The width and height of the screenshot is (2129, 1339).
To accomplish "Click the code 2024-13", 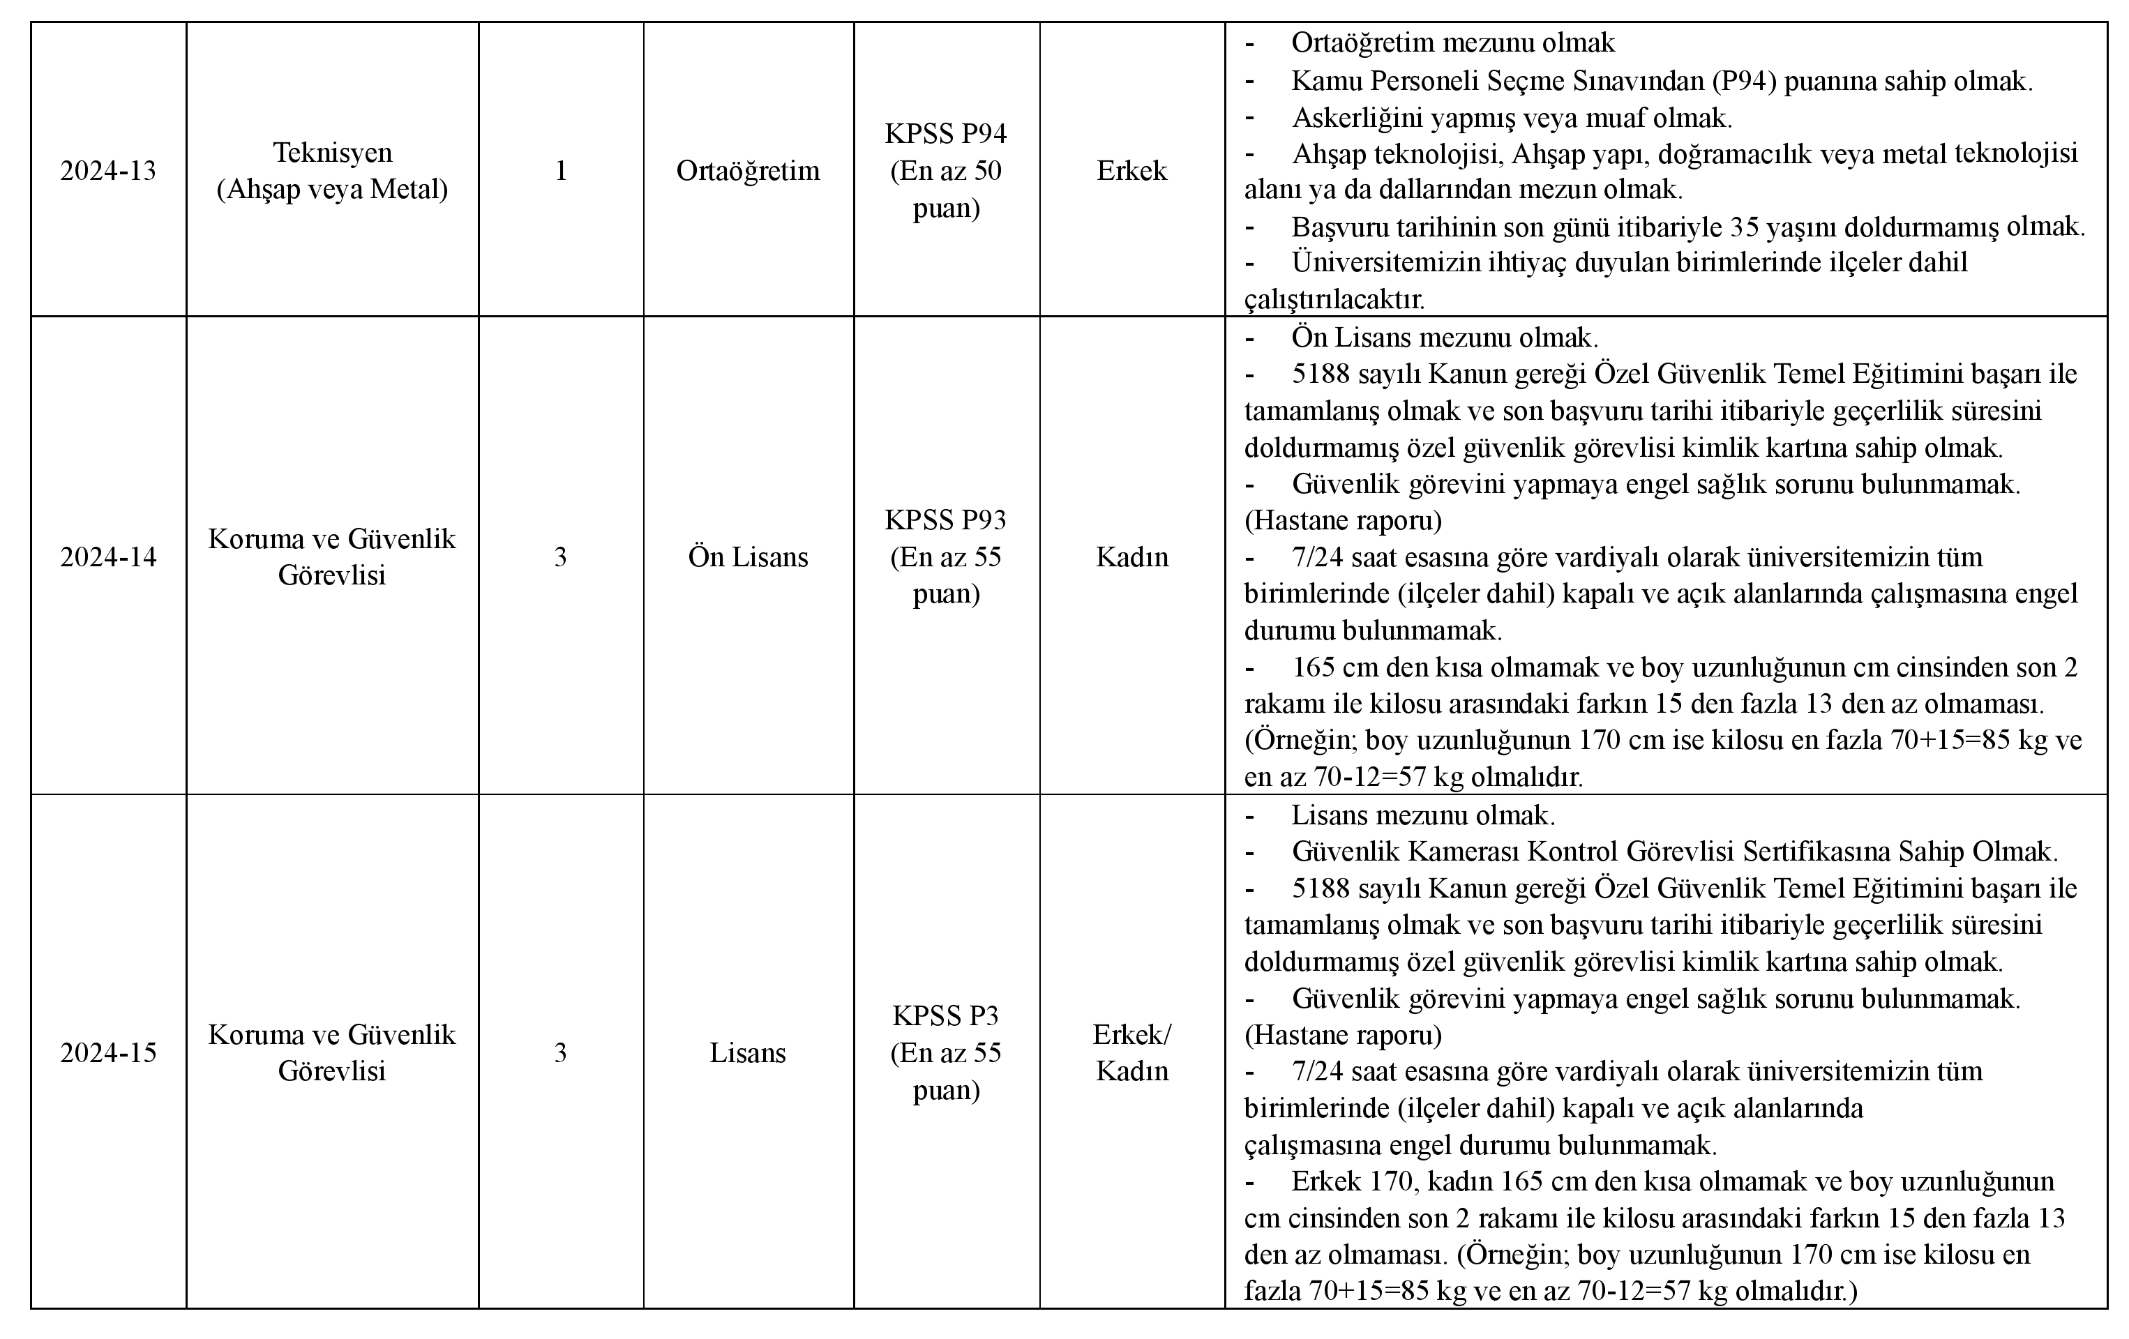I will (108, 171).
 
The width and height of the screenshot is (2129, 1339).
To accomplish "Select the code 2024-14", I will (108, 557).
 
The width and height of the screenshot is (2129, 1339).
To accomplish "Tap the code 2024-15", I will (108, 1052).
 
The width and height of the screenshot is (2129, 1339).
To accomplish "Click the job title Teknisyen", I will (333, 152).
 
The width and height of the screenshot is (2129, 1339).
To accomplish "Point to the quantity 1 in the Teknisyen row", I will (561, 171).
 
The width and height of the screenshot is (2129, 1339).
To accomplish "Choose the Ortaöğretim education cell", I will (748, 171).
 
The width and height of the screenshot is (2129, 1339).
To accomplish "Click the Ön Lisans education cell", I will (748, 557).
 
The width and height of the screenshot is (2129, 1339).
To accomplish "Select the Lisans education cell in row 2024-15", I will (748, 1052).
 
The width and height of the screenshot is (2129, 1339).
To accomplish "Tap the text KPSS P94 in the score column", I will (946, 133).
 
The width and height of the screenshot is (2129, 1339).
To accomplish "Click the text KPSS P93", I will (946, 520).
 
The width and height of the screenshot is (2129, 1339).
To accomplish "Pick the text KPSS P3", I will (946, 1015).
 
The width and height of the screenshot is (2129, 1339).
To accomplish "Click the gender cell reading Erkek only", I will (1131, 171).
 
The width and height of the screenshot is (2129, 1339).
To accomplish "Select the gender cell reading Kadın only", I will (1131, 557).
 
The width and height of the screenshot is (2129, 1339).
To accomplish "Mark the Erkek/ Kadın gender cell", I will (1131, 1052).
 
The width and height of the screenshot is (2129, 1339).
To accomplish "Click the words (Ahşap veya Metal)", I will (333, 189).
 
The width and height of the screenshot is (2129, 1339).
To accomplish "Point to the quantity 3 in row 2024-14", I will (561, 557).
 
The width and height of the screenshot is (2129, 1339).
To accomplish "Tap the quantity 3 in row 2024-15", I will (561, 1052).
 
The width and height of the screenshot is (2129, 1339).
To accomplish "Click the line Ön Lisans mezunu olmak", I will (1445, 338).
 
